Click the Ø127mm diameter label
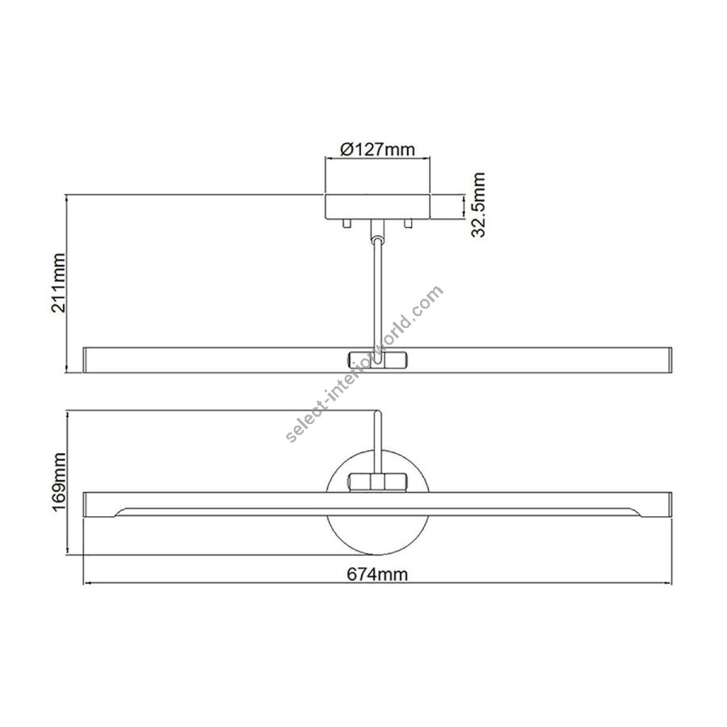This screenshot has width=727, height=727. pyautogui.click(x=377, y=149)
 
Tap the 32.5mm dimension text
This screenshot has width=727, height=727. pyautogui.click(x=478, y=204)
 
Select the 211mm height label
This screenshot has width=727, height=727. pyautogui.click(x=59, y=283)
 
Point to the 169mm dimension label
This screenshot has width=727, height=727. pyautogui.click(x=59, y=482)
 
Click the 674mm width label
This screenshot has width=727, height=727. pyautogui.click(x=377, y=574)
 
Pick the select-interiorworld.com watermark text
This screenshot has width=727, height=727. pyautogui.click(x=365, y=363)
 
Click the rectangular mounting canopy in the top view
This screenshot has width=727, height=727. pyautogui.click(x=377, y=207)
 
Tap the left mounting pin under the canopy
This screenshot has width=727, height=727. pyautogui.click(x=346, y=224)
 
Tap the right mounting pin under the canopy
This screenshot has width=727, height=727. pyautogui.click(x=408, y=224)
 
